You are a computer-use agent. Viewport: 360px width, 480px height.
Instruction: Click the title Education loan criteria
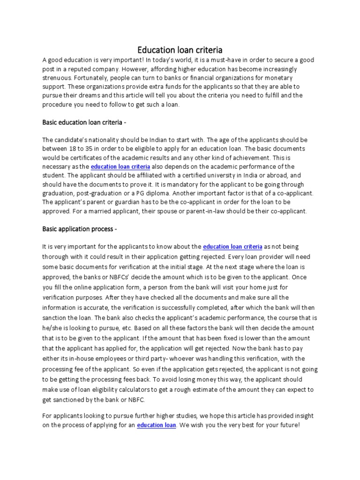(x=180, y=49)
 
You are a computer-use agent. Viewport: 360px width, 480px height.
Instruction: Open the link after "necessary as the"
(x=120, y=166)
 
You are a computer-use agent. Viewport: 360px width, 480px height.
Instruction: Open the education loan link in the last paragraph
(x=157, y=425)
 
